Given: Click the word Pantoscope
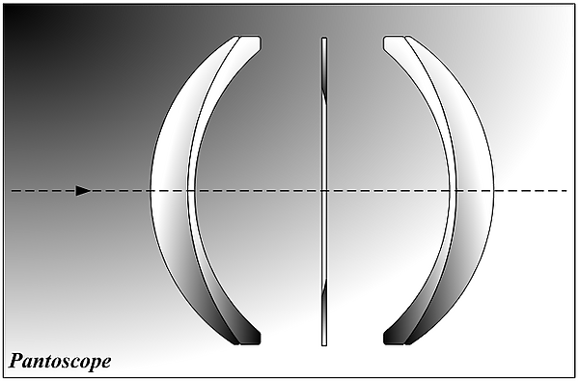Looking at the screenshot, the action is (x=60, y=362).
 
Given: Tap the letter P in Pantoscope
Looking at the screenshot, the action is (x=15, y=361).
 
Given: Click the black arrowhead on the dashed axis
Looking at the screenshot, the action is (x=83, y=191).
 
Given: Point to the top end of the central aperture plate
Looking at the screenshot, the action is (x=324, y=38).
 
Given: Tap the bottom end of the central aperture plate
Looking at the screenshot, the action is (x=324, y=345).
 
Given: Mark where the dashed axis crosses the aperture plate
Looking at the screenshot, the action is (x=324, y=191).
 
